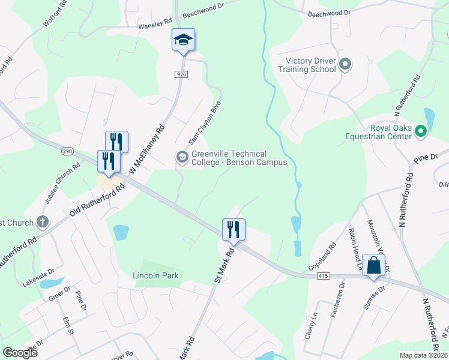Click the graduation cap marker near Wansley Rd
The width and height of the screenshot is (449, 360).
183,40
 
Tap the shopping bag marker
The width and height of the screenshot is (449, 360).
373,265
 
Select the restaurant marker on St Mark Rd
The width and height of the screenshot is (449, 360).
234,230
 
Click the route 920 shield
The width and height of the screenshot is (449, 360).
182,74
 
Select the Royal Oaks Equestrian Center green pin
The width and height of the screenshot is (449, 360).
421,130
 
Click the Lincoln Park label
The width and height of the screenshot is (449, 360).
155,275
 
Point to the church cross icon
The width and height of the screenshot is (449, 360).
42,223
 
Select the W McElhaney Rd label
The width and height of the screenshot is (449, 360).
147,151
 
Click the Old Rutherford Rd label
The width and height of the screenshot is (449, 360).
96,199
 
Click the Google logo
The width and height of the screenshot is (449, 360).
20,353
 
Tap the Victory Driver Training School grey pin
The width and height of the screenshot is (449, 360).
345,64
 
